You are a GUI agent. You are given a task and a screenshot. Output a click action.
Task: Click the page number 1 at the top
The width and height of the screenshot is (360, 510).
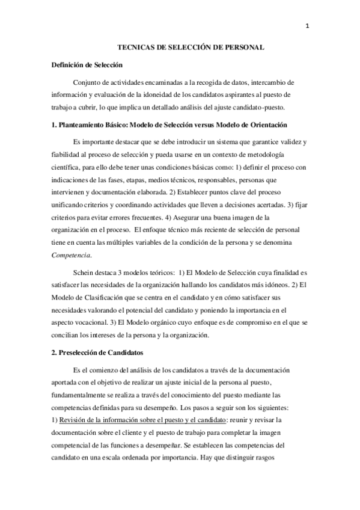click(x=307, y=26)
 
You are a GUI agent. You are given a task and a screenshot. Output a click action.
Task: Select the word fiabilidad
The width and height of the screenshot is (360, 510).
click(x=67, y=155)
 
